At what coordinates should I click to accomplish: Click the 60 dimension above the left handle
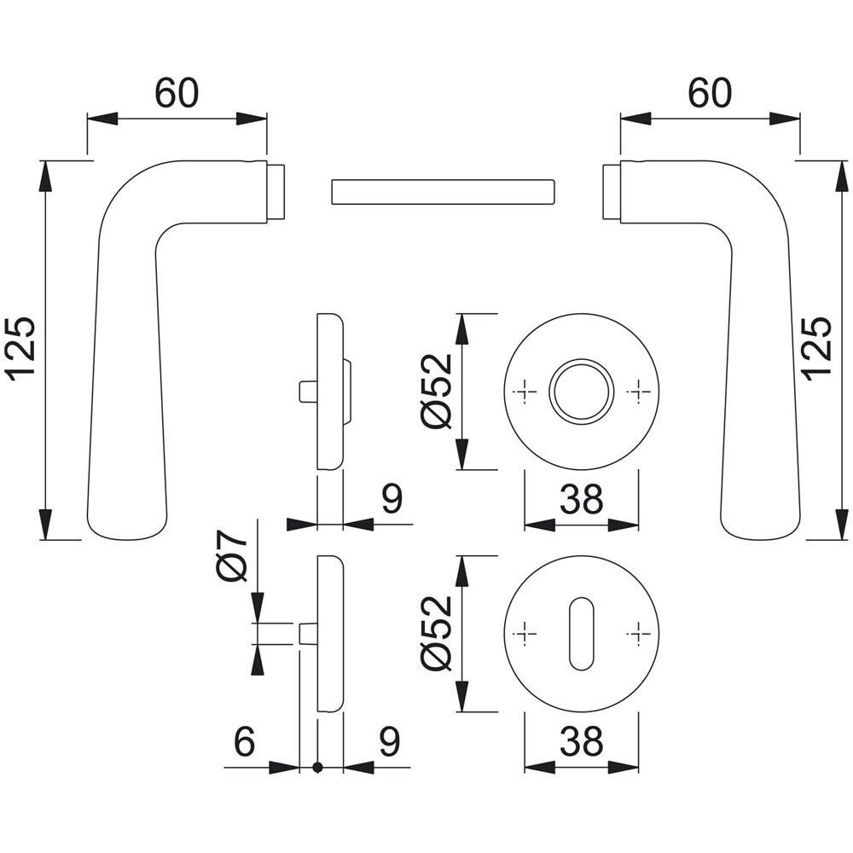coord(177,93)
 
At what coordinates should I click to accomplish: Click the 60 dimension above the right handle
coord(710,93)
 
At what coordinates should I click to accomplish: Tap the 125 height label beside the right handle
coord(818,349)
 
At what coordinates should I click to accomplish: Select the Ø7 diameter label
coord(231,556)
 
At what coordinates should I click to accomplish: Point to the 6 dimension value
coord(244,741)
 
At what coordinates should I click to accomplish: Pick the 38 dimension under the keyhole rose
coord(582,741)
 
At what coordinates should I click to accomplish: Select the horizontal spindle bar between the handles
coord(442,192)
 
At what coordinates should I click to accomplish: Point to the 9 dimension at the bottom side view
coord(390,741)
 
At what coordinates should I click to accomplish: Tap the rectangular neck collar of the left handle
coord(276,192)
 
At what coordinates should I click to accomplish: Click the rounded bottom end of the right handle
coord(761,525)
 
